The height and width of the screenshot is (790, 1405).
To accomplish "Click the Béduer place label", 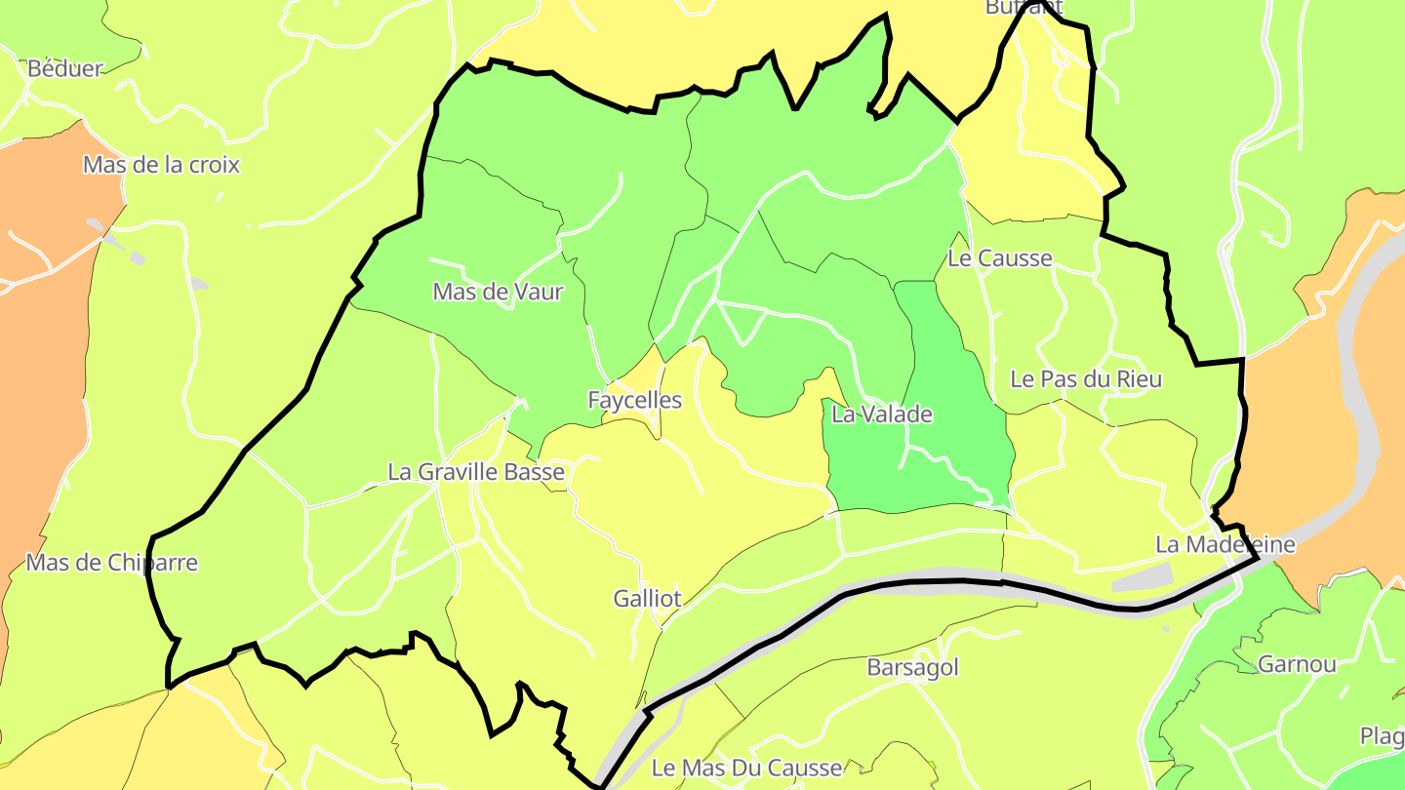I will [65, 68].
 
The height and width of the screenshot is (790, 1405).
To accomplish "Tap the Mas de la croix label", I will [161, 165].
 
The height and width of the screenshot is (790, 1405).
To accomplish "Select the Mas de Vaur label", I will [498, 292].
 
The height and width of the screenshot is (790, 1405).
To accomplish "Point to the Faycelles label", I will [634, 400].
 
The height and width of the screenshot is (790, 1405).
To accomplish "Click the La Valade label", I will [882, 415].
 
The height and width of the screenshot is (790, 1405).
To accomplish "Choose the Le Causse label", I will [1000, 258].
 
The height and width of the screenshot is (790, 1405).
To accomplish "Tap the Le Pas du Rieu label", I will [1086, 378].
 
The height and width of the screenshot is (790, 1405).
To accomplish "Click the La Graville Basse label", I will [476, 472].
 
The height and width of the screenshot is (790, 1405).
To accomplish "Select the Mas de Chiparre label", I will [111, 563].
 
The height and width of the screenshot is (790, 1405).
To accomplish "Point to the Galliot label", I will [647, 599].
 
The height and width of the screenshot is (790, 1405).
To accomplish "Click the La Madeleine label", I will [1224, 544].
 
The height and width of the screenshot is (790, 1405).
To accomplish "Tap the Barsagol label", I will [912, 668].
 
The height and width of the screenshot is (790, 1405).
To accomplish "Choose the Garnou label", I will [1297, 664].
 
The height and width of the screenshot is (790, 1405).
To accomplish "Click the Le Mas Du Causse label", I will [746, 768].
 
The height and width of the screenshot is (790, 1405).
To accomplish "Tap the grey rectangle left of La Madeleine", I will [1142, 577].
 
